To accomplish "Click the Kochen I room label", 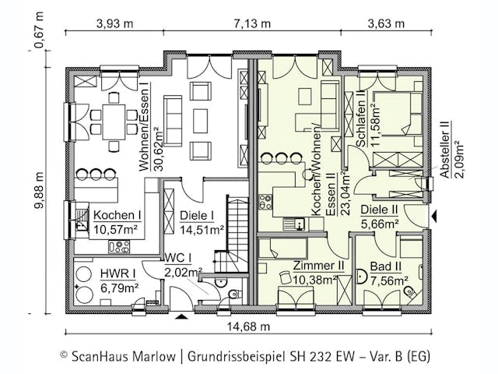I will point(117,215).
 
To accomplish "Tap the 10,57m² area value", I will point(117,229).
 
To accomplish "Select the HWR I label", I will point(118,273).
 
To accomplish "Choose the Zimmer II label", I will point(319,266).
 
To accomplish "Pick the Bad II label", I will point(387,266).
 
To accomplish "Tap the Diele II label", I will point(381,210).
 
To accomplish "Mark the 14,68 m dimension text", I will point(248,326).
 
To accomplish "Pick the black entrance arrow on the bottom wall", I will point(182,316).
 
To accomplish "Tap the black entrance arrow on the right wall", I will point(435,215).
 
